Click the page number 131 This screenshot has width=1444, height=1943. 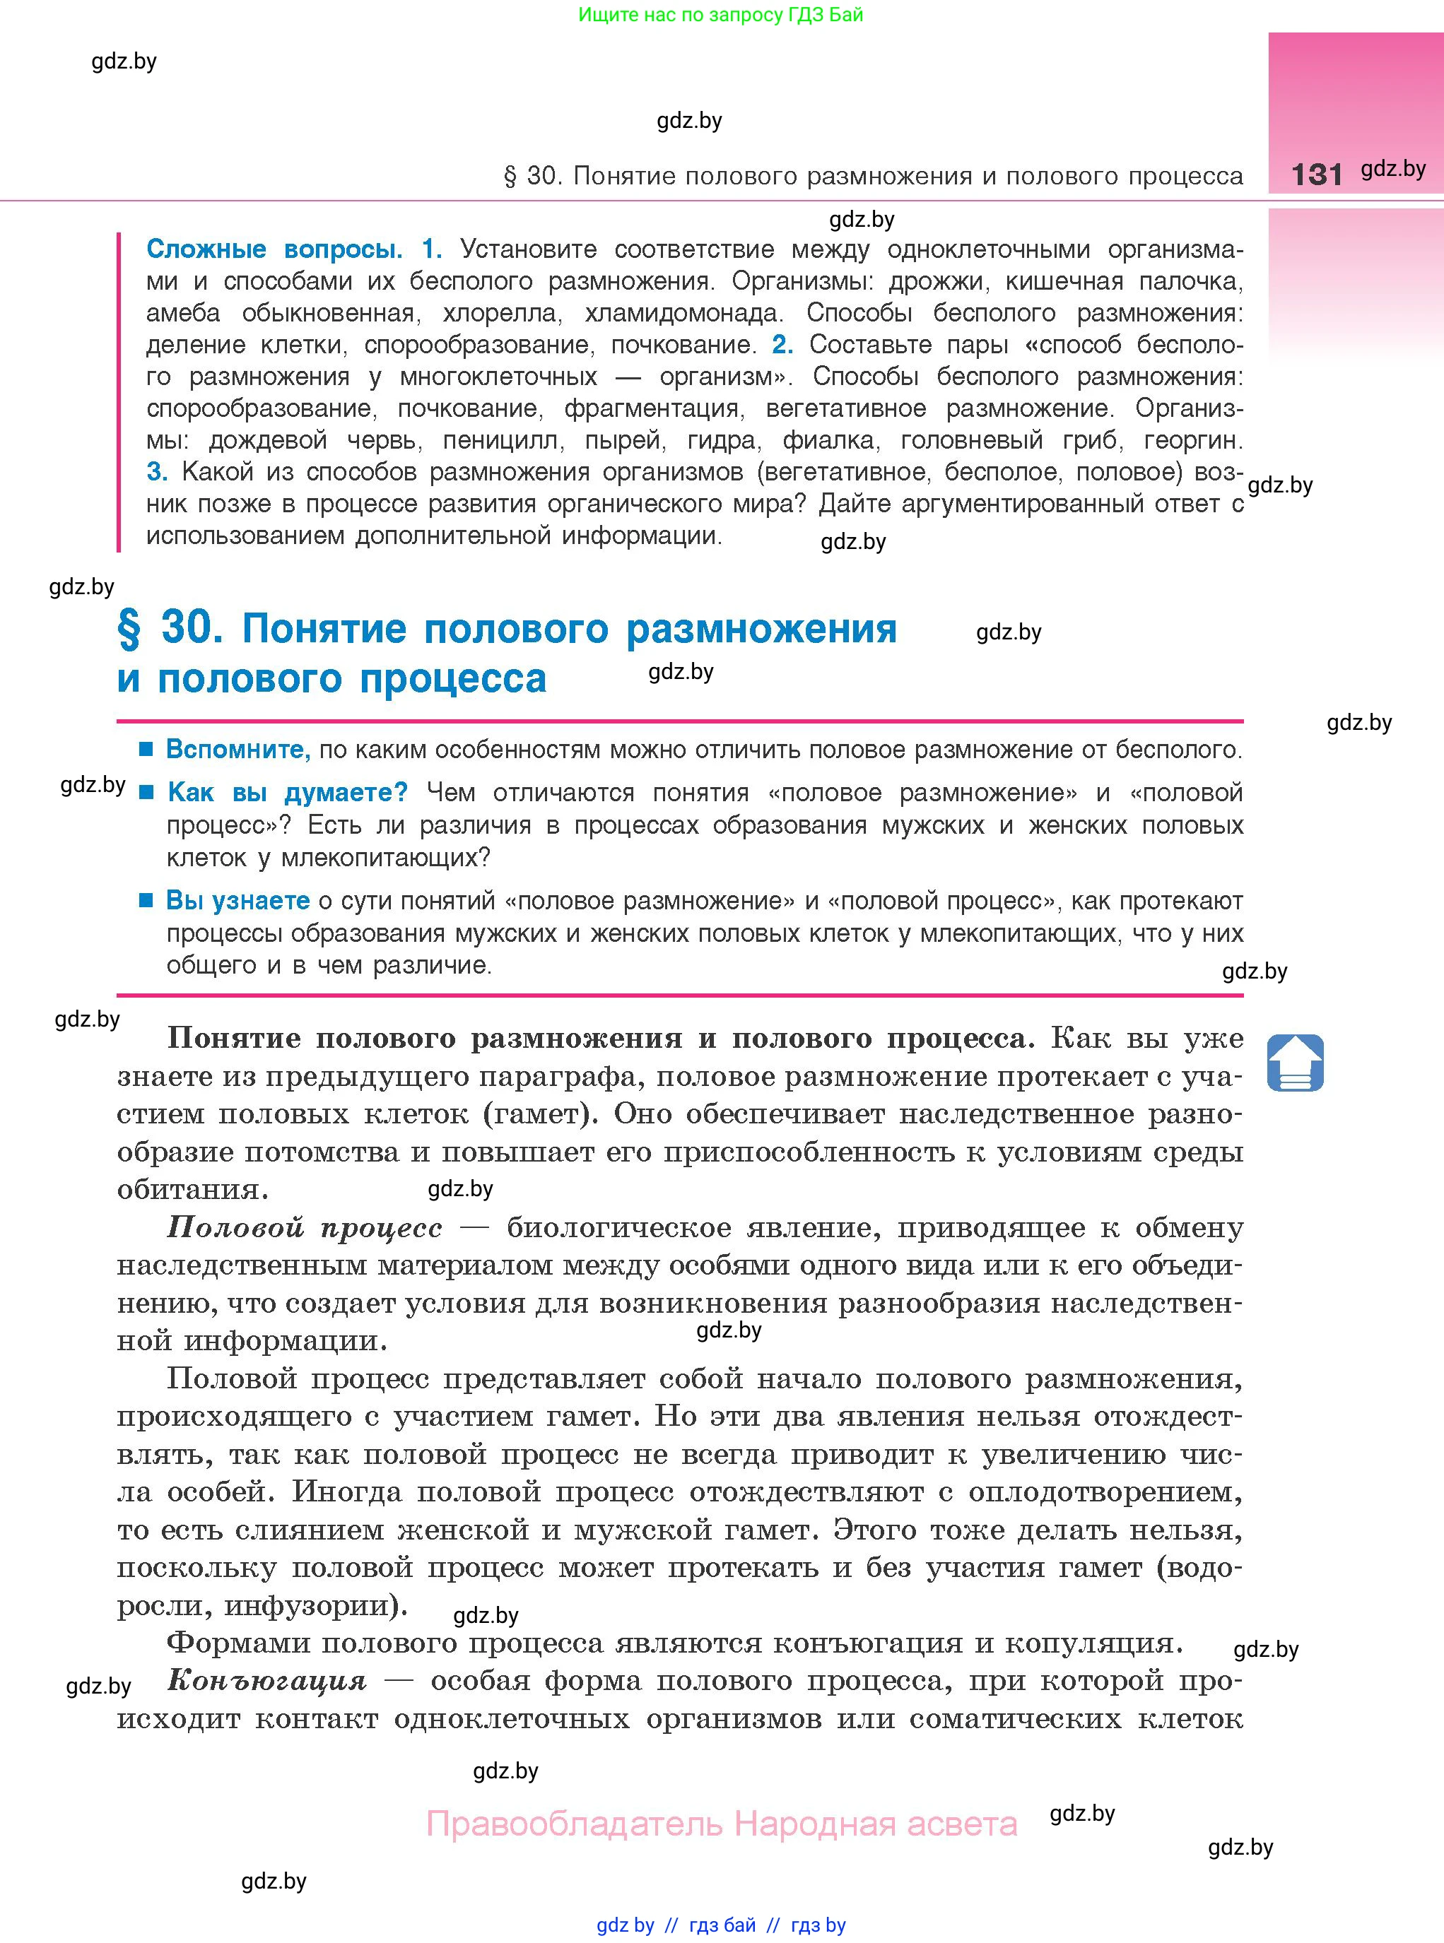coord(1315,174)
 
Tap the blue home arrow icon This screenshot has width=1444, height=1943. coord(1295,1063)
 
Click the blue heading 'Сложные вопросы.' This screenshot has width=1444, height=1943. coord(274,250)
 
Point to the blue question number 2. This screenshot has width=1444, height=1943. coord(782,344)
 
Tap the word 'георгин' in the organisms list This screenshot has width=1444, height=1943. coord(1193,440)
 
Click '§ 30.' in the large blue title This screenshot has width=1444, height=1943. coord(170,629)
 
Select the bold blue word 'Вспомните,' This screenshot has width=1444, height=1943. coord(237,750)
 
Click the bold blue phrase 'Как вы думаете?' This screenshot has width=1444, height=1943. coord(288,793)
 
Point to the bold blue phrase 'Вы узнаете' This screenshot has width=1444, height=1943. coord(237,901)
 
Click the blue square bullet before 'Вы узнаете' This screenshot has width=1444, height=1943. coord(147,900)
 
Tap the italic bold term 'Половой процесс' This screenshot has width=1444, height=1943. coord(304,1227)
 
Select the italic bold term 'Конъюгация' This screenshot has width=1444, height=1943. coord(266,1680)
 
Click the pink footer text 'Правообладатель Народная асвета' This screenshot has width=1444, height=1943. coord(721,1824)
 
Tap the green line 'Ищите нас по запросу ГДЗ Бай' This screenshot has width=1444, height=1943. coord(720,15)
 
